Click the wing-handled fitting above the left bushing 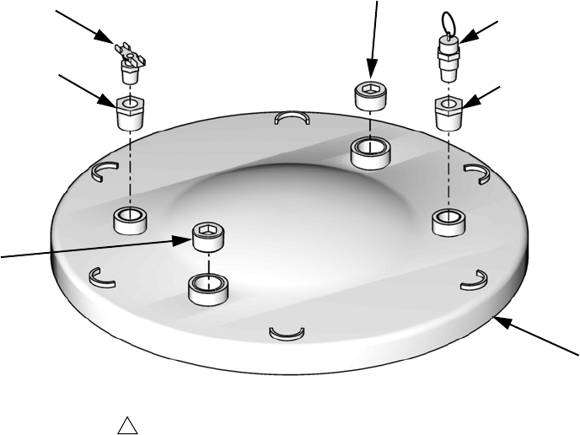point(129,60)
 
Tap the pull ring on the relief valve point(449,22)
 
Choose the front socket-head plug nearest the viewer point(207,237)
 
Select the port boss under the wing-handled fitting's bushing point(129,219)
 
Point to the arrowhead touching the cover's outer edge point(498,319)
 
